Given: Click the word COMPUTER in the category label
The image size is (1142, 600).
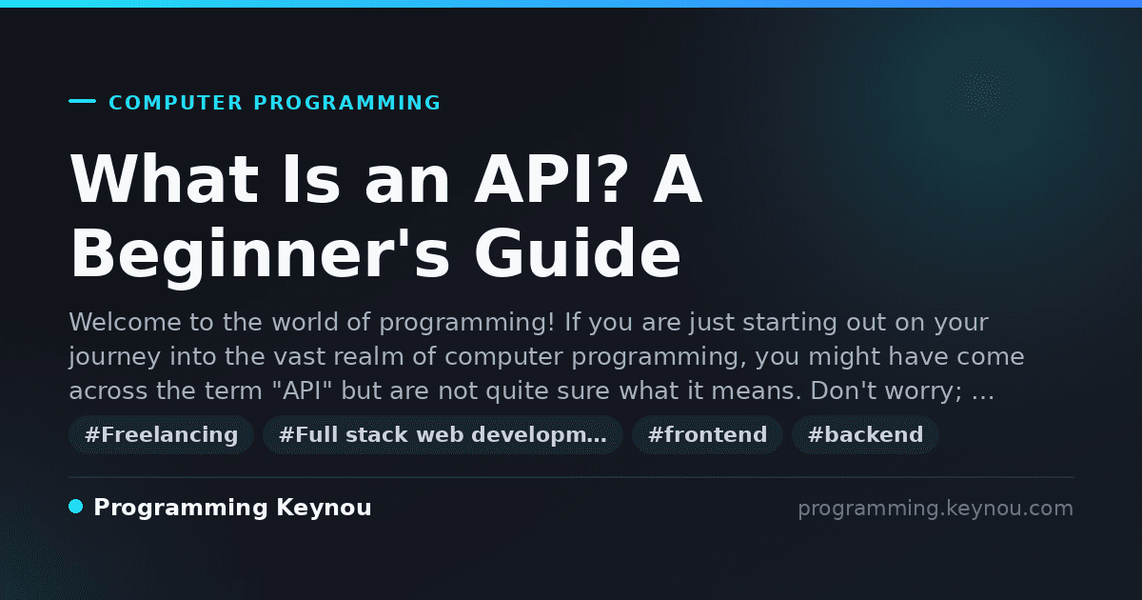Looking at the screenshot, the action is pos(175,103).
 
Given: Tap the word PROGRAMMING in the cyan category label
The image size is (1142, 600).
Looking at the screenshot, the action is pos(347,103).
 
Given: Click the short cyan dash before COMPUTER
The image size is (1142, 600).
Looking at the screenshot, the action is pos(82,101).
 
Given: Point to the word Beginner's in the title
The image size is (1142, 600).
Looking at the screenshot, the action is pos(260,254).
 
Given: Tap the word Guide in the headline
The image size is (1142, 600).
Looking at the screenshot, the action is pos(577,253).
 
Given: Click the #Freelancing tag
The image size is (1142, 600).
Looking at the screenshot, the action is pos(161,434).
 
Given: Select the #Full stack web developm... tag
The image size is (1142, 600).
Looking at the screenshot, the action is pos(443,434).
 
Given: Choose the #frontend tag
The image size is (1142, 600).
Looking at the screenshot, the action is pos(707,434).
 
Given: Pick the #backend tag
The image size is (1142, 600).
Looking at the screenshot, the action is pos(865,434).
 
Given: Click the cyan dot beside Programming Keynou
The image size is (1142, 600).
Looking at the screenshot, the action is pos(75,507).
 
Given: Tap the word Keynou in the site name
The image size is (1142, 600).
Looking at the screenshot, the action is pos(324,508).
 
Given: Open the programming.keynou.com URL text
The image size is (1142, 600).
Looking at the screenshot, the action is pos(935,509).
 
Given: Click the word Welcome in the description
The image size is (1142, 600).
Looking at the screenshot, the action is pos(125,322).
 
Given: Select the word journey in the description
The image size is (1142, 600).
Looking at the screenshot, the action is pos(115,357).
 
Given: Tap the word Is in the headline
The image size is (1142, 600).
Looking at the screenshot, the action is pos(311,179).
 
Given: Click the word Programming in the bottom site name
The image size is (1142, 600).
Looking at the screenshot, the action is pos(181,509).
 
